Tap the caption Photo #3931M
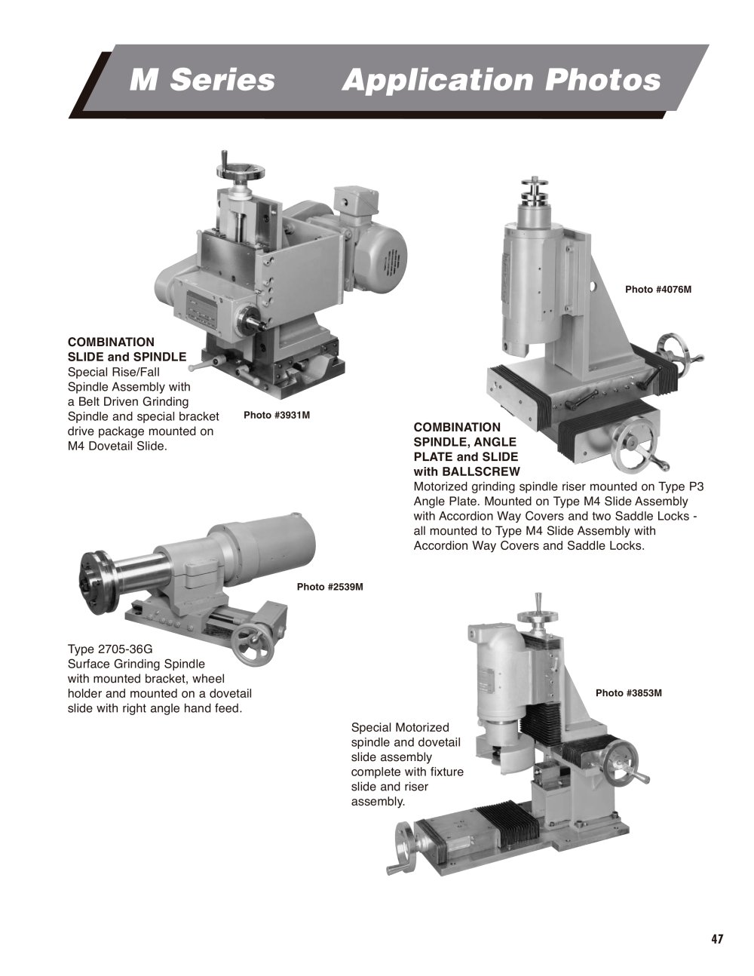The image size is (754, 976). [277, 415]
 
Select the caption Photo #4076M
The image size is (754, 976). [658, 290]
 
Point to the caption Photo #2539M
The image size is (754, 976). [330, 587]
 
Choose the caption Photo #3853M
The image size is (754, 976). [628, 693]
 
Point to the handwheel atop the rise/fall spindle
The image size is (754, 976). [240, 170]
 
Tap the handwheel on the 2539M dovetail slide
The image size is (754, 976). [254, 646]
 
